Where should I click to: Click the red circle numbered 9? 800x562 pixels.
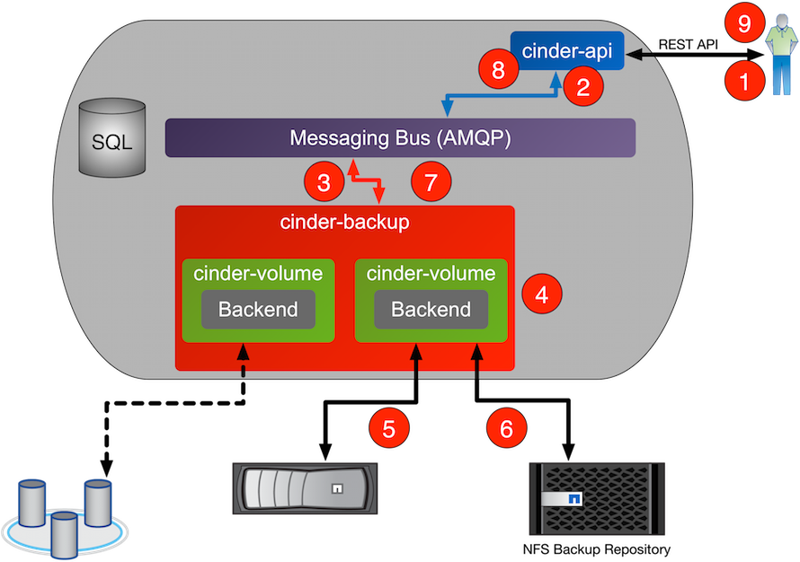(744, 24)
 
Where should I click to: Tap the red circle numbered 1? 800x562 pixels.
(744, 83)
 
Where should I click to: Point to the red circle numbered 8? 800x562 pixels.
(498, 71)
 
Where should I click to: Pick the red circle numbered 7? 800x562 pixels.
(431, 183)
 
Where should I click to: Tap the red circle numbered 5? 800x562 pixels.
(388, 428)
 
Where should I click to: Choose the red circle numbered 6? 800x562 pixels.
(506, 428)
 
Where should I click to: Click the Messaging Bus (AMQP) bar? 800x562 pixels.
(400, 138)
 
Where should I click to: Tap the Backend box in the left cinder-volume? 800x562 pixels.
(258, 310)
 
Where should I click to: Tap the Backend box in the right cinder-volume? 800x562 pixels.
(431, 310)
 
